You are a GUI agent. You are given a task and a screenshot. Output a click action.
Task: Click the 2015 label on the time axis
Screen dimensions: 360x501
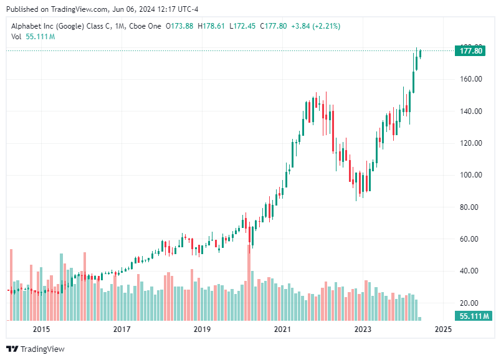coord(41,329)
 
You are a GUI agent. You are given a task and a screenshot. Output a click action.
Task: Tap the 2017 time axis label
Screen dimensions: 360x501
coord(122,329)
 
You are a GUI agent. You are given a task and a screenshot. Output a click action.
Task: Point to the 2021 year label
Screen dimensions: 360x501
coord(282,329)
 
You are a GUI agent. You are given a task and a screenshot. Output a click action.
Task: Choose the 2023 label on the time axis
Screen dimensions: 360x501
coord(363,329)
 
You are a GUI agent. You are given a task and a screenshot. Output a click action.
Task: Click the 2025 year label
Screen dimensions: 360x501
coord(443,329)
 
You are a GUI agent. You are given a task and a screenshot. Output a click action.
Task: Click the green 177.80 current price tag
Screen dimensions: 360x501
coord(470,51)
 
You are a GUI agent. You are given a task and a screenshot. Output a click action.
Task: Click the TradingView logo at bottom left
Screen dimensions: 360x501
coord(36,349)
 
